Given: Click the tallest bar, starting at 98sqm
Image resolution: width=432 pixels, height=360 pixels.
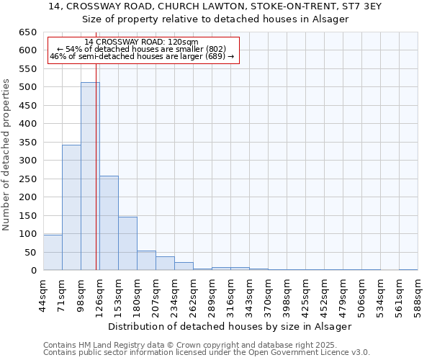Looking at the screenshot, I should tap(90, 176).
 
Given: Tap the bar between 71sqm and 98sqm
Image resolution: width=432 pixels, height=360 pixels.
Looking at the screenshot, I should tap(71, 207).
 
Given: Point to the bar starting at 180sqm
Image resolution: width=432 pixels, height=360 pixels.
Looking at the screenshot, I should tap(146, 261).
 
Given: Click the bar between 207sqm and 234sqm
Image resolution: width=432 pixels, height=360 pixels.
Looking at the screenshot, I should tap(165, 264).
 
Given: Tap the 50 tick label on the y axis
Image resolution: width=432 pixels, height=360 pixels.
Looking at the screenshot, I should tap(30, 252).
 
